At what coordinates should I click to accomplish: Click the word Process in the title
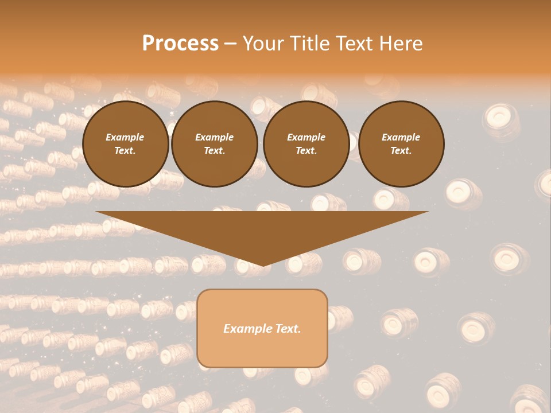180,44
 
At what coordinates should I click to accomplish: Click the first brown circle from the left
126,143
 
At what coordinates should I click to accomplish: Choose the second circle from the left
215,143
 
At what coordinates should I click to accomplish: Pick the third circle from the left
306,143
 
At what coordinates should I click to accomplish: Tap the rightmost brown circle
401,143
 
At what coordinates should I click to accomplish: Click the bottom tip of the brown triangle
263,265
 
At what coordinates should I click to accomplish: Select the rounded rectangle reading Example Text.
262,328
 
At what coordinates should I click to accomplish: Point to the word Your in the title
264,44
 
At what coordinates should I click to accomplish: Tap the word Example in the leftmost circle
125,137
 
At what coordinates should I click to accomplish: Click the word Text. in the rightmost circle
401,150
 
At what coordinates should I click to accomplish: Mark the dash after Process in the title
230,44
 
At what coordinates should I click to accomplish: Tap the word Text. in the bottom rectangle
288,329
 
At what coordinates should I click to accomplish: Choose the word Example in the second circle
215,137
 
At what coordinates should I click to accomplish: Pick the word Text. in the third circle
306,150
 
